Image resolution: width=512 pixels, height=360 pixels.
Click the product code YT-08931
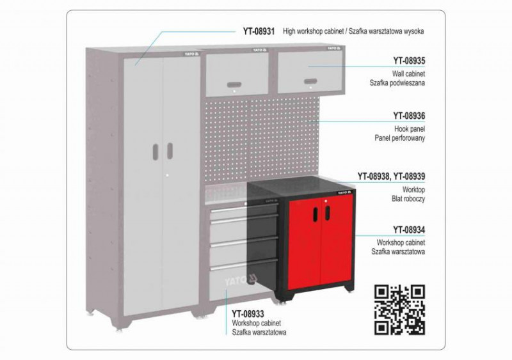[259, 31]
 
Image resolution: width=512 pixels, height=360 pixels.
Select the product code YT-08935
[409, 61]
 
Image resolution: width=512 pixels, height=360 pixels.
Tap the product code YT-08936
[409, 116]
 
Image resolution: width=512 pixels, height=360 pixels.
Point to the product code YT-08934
[409, 230]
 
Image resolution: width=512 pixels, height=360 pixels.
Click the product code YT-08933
[248, 314]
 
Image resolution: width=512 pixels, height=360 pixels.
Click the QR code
[399, 309]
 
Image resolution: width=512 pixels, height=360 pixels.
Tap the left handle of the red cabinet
[316, 214]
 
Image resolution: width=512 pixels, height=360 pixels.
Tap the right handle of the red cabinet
[327, 213]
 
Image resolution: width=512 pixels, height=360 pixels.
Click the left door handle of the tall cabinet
[156, 152]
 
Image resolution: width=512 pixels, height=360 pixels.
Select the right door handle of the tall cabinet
[170, 151]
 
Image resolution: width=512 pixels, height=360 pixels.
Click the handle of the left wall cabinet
[234, 85]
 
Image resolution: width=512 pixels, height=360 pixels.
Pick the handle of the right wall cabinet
[310, 81]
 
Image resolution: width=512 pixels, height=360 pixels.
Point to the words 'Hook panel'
[410, 129]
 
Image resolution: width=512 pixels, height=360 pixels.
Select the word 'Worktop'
[413, 190]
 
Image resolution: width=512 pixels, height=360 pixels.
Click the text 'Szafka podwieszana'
[397, 83]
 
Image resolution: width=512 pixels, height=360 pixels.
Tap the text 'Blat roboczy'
[408, 198]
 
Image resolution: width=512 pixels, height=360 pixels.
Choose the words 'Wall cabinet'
[408, 74]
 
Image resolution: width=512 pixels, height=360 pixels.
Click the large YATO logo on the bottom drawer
[241, 280]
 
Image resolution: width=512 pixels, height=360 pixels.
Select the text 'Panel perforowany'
[399, 138]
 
